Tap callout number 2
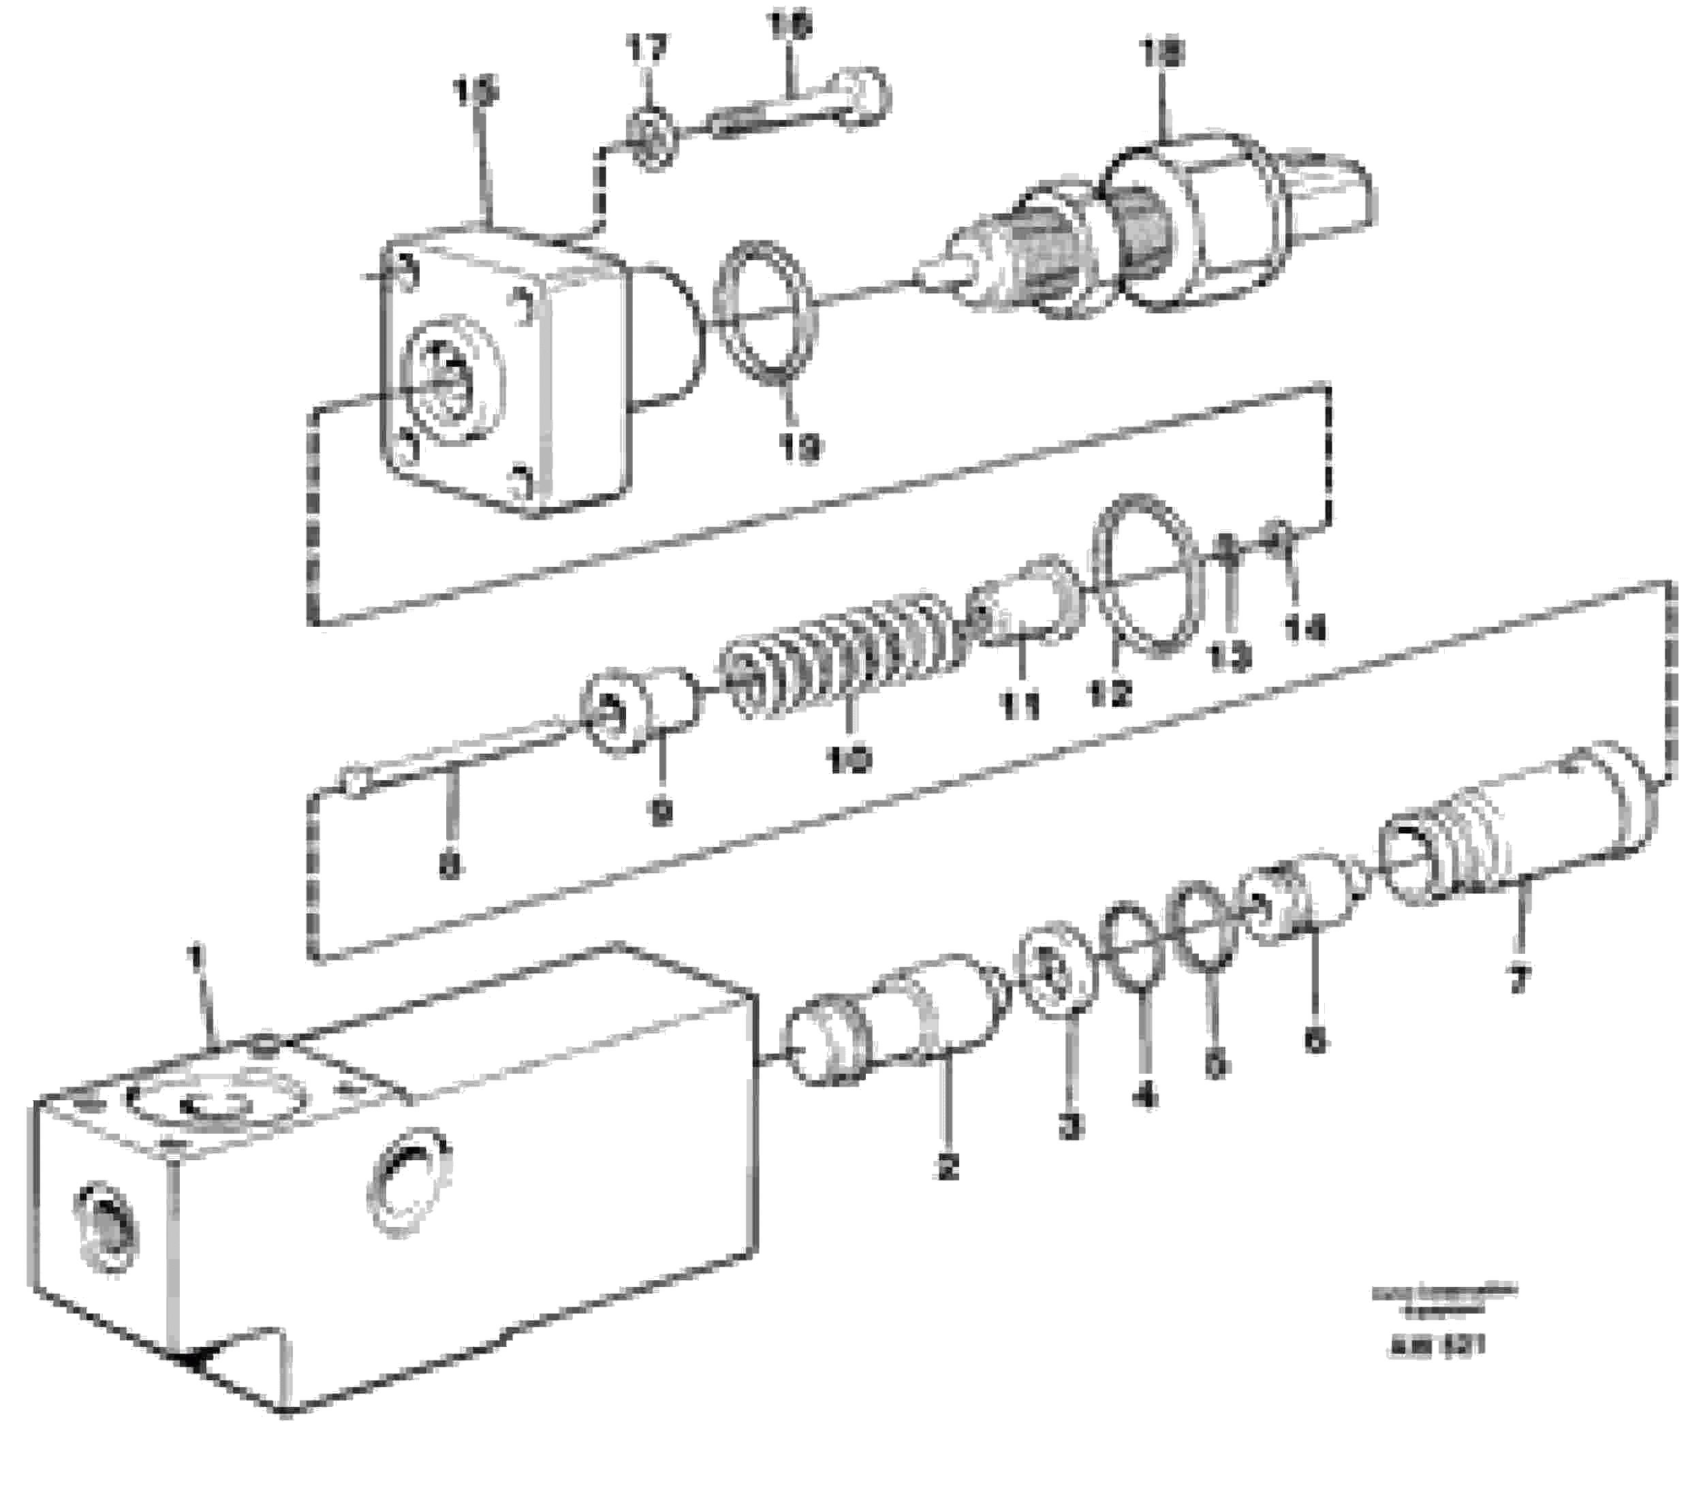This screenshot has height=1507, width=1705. pyautogui.click(x=948, y=1166)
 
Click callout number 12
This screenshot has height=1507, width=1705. pyautogui.click(x=1110, y=693)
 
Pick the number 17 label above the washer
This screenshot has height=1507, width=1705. pyautogui.click(x=647, y=49)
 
